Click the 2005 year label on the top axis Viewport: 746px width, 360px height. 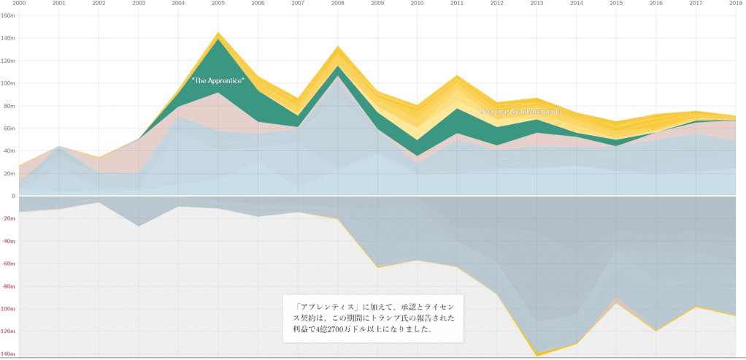[218, 4]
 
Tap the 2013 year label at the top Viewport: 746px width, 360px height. [537, 4]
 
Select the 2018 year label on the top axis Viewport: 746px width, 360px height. [735, 4]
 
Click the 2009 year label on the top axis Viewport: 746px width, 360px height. [377, 4]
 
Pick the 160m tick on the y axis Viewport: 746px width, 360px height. [8, 15]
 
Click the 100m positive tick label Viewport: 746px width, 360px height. [8, 83]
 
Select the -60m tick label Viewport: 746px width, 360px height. [8, 264]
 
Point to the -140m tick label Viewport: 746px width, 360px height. [8, 354]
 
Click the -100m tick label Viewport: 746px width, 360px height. [8, 309]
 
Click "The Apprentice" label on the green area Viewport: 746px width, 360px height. [218, 80]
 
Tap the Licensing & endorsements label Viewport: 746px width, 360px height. [520, 111]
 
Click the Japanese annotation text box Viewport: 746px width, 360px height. [373, 318]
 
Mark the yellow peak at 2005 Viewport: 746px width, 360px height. [218, 33]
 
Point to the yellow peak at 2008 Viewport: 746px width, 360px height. [337, 47]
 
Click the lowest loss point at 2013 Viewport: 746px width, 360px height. [537, 355]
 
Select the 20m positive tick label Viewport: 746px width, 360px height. [8, 174]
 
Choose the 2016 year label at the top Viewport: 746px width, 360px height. [656, 4]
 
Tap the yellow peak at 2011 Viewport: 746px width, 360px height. [457, 75]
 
